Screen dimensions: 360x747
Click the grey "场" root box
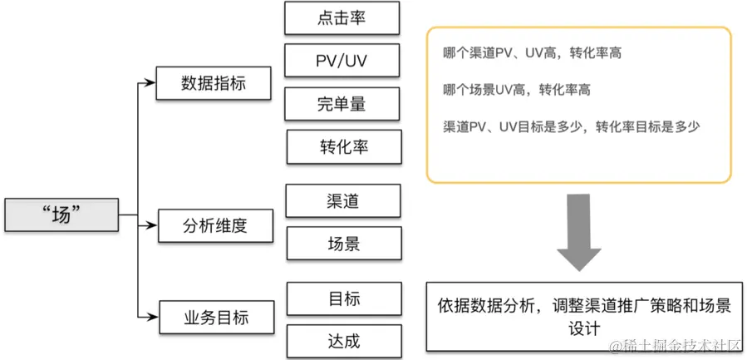click(x=61, y=215)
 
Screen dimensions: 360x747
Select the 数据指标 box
click(x=214, y=83)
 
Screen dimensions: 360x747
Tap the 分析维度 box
click(x=215, y=225)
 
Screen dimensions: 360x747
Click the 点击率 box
click(x=342, y=17)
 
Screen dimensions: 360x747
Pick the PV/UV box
click(x=342, y=61)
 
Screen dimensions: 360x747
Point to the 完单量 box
click(x=342, y=104)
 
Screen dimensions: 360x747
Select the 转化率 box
click(x=344, y=147)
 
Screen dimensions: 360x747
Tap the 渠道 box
click(x=343, y=201)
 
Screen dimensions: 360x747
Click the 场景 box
click(x=343, y=244)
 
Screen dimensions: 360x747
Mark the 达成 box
click(x=344, y=341)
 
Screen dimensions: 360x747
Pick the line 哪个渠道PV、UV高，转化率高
click(x=533, y=52)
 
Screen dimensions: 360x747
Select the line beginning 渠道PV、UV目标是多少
click(x=573, y=126)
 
